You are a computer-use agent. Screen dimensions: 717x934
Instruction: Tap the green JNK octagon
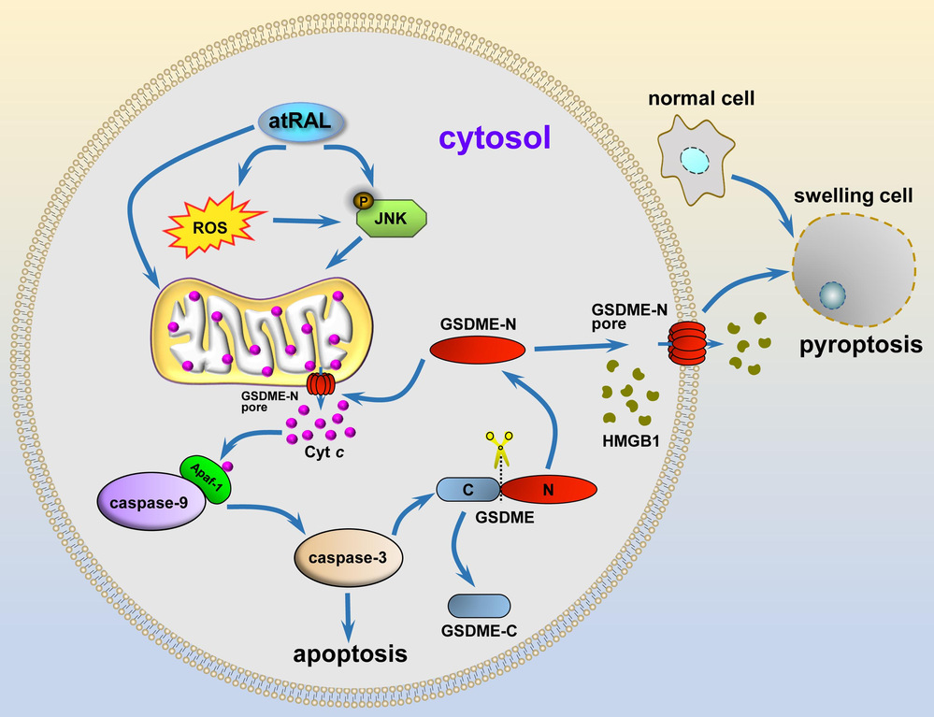(x=394, y=222)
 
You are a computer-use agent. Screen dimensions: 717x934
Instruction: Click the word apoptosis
(x=351, y=652)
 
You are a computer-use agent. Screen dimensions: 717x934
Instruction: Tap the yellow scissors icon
(x=499, y=452)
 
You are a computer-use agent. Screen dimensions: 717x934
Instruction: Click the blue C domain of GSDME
(x=467, y=489)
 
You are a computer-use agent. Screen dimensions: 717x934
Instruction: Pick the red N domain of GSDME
(x=551, y=489)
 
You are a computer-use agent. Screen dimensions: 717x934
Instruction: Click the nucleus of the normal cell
(x=696, y=160)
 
